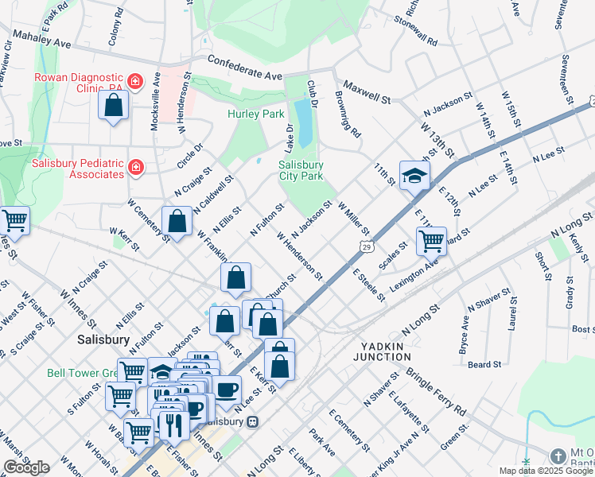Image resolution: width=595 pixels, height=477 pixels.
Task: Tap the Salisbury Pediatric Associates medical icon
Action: pyautogui.click(x=135, y=168)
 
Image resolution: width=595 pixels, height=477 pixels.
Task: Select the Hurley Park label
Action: pyautogui.click(x=255, y=114)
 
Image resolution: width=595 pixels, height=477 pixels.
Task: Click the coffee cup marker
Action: pyautogui.click(x=227, y=390)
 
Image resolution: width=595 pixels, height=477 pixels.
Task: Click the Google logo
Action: pyautogui.click(x=26, y=467)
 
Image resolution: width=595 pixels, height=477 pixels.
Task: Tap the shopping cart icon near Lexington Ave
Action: pyautogui.click(x=430, y=239)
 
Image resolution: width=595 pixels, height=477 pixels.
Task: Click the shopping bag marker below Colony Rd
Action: pyautogui.click(x=114, y=104)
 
